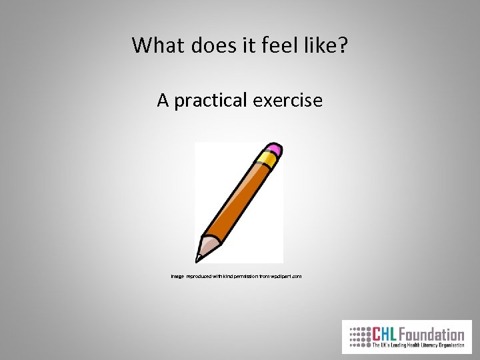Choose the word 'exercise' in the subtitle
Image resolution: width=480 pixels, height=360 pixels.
tap(288, 101)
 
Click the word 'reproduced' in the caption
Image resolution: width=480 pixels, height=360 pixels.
tap(200, 275)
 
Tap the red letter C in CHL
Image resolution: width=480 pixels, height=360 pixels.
tap(376, 334)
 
